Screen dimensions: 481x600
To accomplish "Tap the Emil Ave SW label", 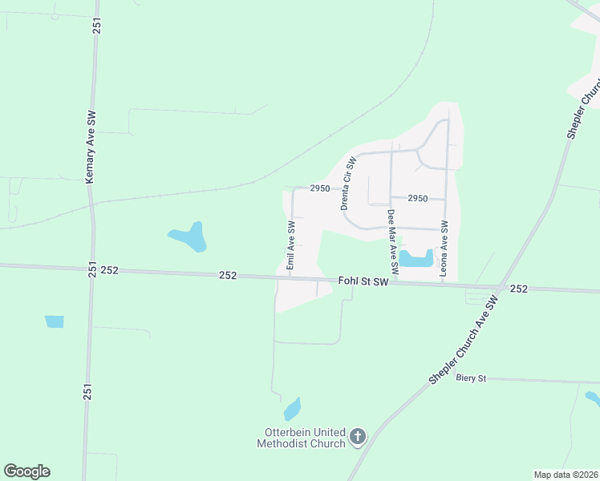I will click(291, 245).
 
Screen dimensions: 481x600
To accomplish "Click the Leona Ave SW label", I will click(444, 249).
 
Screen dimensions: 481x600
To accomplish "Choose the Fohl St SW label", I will click(363, 281).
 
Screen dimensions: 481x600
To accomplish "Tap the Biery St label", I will click(471, 377).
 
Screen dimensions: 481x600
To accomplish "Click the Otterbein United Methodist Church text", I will click(301, 438).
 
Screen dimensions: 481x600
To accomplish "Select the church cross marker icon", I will click(358, 437).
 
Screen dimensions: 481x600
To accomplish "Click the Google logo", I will click(26, 471).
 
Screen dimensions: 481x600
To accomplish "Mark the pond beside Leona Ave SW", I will click(416, 258).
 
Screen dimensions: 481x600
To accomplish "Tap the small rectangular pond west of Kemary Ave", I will click(54, 321).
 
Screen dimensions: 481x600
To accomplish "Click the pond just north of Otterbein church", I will click(292, 410).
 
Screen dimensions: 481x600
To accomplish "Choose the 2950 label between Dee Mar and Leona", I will click(417, 198).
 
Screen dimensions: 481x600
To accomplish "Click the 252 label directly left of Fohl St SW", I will click(228, 275).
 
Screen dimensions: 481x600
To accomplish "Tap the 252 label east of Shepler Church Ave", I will click(519, 289).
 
